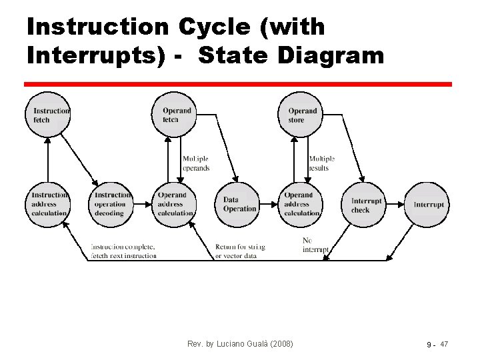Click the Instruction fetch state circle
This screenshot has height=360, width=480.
tap(48, 115)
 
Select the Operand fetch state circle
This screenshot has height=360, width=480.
tap(176, 115)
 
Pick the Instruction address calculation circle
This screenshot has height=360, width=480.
tap(49, 204)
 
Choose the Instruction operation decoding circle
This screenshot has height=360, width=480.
tap(111, 204)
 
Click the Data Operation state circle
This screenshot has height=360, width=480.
tap(238, 204)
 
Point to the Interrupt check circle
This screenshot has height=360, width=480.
tap(365, 205)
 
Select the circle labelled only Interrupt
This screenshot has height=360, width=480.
tap(427, 205)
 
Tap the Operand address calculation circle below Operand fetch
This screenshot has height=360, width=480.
tap(175, 204)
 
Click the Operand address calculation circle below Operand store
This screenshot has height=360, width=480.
tap(301, 204)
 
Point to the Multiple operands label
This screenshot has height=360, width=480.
tap(196, 163)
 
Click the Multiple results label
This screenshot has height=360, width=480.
tap(321, 163)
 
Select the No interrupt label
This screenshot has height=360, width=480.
tap(315, 245)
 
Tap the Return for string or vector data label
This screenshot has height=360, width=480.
tap(240, 251)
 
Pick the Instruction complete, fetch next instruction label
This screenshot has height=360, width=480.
tap(124, 251)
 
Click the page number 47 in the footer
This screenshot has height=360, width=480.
tap(444, 344)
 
